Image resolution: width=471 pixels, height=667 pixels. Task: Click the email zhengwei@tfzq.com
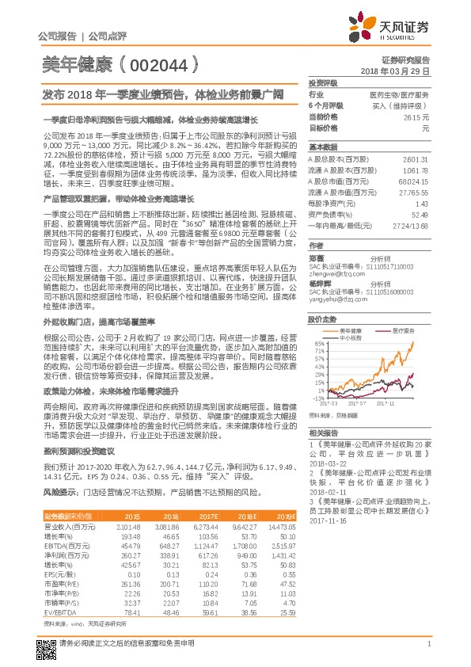332,273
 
